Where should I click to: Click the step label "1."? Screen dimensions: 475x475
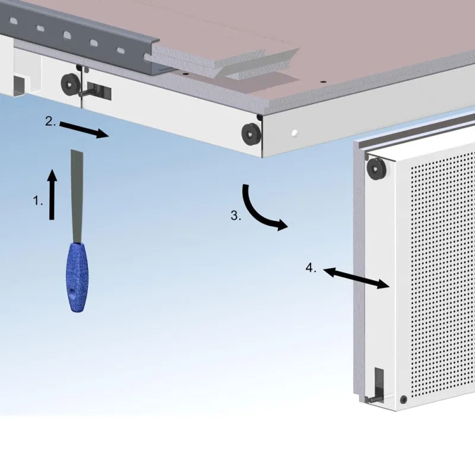tap(38, 201)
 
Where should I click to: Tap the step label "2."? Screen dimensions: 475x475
tap(50, 121)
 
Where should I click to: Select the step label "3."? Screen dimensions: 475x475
tap(236, 216)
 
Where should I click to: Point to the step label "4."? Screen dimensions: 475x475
tap(311, 268)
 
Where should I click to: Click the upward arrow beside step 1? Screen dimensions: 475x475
tap(52, 195)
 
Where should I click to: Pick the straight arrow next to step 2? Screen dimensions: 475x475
tap(84, 129)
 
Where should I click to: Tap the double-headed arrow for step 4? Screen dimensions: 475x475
tap(356, 278)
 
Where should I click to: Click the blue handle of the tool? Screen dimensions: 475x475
tap(77, 277)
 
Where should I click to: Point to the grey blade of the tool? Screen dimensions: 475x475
tap(77, 197)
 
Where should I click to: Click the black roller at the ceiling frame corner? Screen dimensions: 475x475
tap(251, 134)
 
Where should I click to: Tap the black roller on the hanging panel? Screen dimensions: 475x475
tap(376, 168)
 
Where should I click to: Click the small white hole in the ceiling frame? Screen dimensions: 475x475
tap(294, 132)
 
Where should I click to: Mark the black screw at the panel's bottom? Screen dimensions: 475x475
tap(403, 399)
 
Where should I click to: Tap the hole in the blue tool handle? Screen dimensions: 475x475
tap(72, 291)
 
